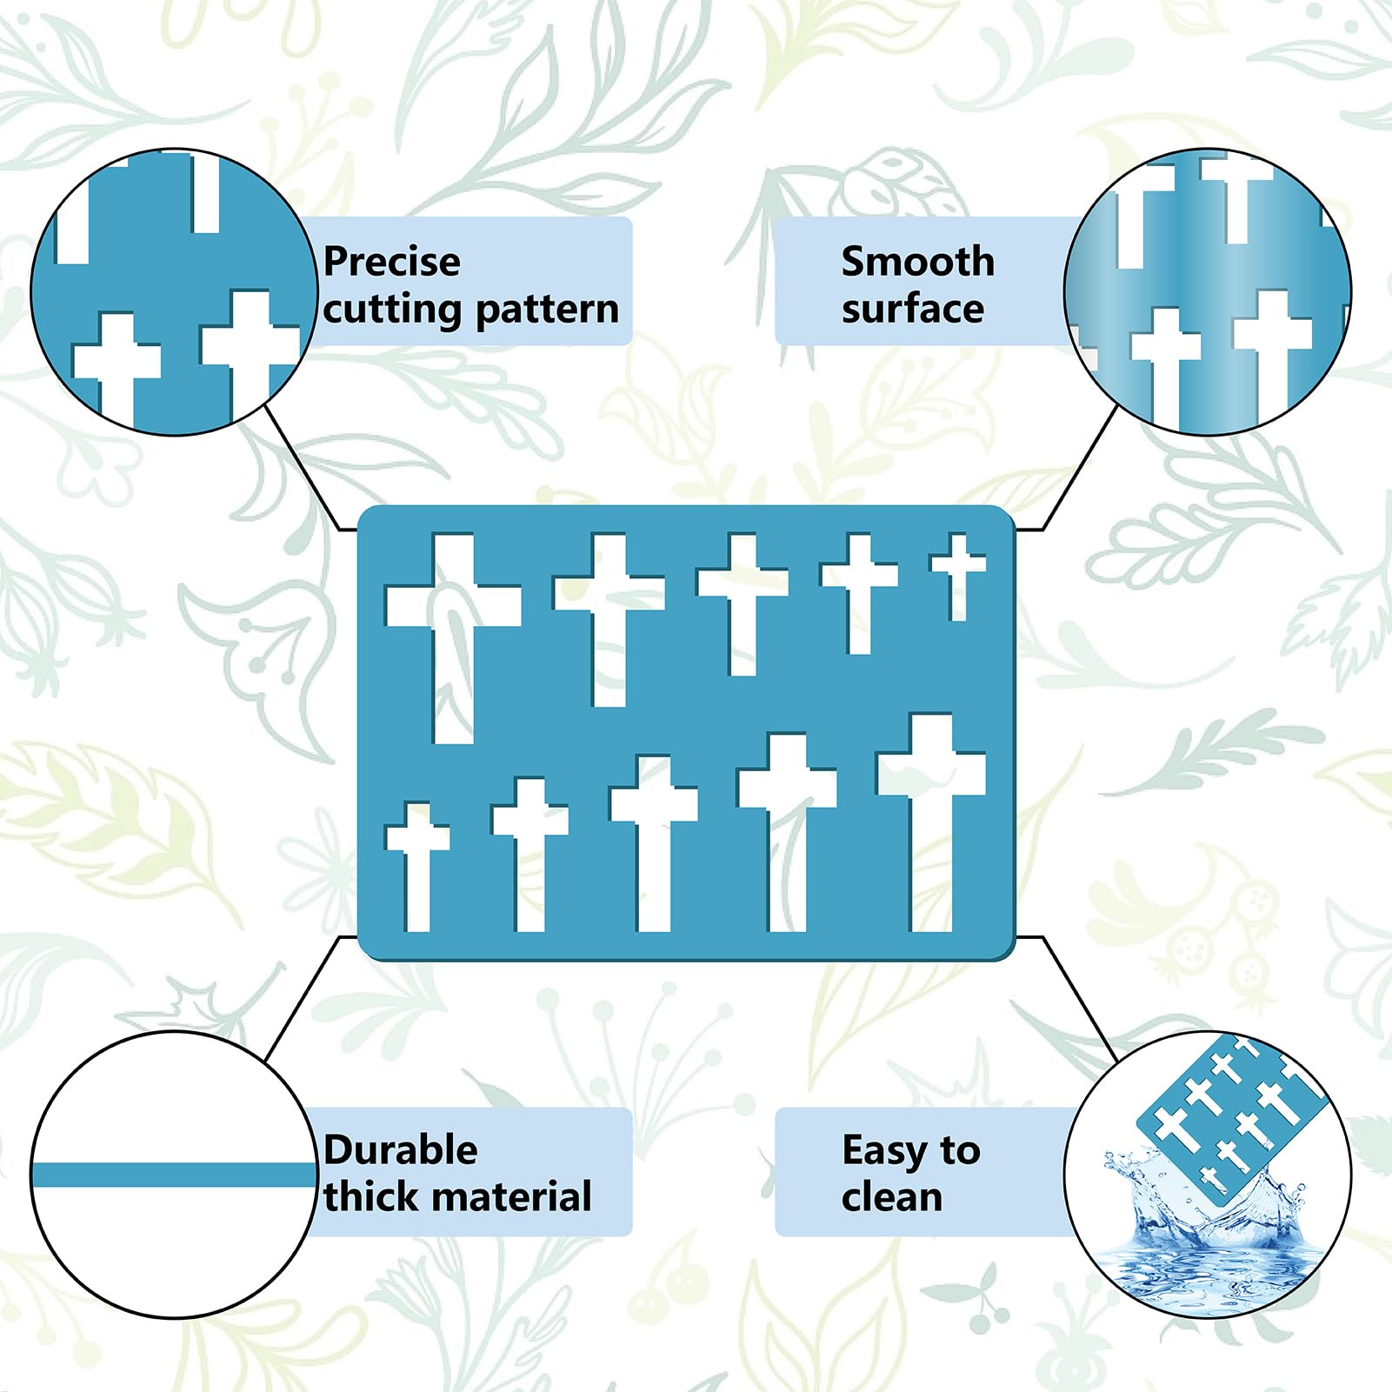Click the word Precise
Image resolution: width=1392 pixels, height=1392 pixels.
[x=392, y=262]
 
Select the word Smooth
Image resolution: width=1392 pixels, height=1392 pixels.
[x=918, y=261]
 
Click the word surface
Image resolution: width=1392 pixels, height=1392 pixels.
[x=913, y=309]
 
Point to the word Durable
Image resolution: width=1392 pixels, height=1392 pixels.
[x=401, y=1150]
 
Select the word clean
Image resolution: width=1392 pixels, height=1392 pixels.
[x=892, y=1197]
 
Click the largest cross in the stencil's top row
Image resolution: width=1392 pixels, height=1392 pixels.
[x=453, y=638]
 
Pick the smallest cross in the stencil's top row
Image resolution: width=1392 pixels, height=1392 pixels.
[x=958, y=576]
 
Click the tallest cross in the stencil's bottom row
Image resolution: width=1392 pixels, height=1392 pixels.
[x=931, y=823]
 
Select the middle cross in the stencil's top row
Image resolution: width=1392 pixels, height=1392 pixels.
[x=743, y=604]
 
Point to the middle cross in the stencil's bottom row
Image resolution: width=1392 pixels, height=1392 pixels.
[x=654, y=843]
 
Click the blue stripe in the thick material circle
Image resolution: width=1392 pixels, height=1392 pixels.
[x=174, y=1176]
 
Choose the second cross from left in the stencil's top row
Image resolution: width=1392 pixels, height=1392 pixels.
[x=609, y=620]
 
